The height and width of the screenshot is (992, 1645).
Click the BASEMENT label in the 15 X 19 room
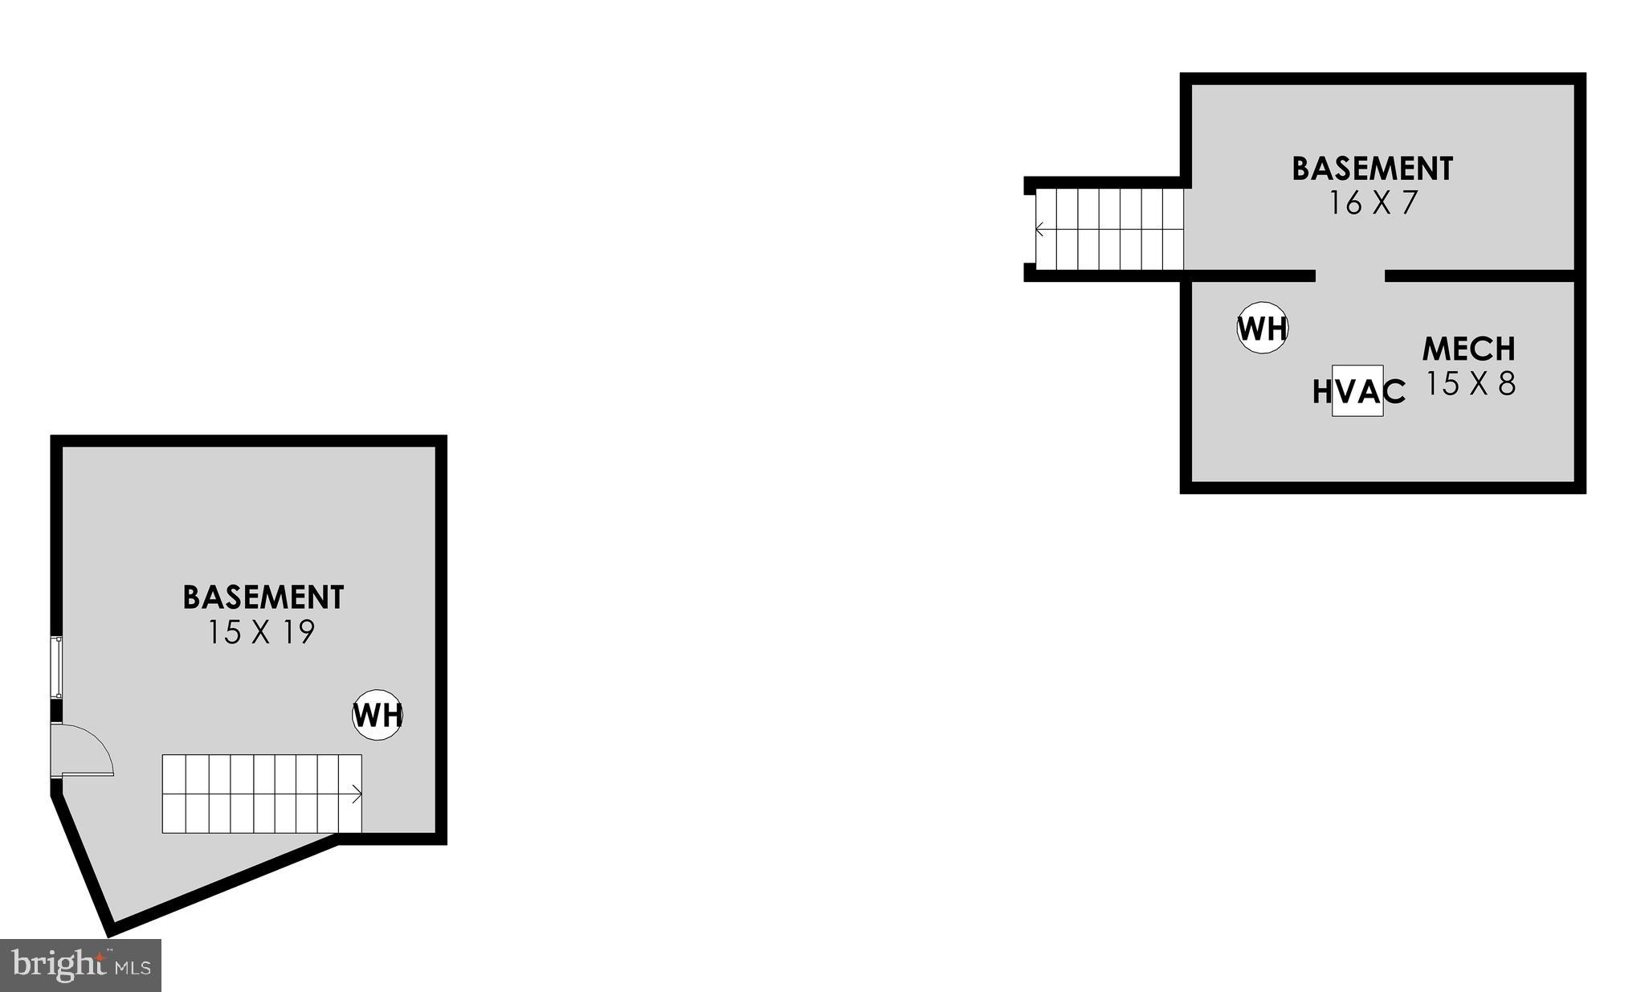click(263, 598)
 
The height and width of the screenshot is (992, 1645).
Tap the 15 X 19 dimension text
click(262, 633)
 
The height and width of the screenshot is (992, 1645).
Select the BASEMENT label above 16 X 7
click(1372, 169)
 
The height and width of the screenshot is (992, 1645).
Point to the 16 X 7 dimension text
click(1373, 203)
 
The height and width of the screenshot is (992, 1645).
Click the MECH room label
click(1468, 349)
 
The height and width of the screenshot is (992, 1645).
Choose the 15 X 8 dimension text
click(1470, 383)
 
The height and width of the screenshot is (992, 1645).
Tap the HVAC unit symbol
click(1357, 390)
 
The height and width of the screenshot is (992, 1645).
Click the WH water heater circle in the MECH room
click(1263, 328)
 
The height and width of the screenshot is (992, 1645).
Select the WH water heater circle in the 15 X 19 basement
click(378, 714)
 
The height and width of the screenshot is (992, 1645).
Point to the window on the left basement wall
click(56, 667)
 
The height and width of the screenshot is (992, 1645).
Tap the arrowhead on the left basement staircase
click(357, 794)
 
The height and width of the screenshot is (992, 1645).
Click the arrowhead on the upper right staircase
click(1040, 231)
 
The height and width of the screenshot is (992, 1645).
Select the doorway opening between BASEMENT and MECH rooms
click(1350, 276)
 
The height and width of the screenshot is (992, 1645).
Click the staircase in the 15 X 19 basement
click(262, 794)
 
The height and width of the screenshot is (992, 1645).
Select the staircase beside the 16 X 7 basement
click(1109, 230)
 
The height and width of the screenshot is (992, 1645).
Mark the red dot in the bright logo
click(100, 957)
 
